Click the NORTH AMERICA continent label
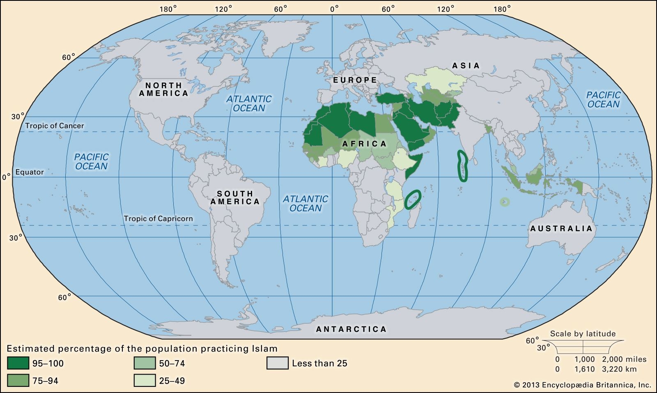[163, 89]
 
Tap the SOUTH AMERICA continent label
[235, 198]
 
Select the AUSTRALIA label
[561, 229]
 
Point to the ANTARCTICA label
[351, 329]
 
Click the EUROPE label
[355, 80]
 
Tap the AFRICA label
[364, 144]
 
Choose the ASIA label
[466, 66]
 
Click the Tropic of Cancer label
[55, 126]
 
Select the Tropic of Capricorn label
[158, 218]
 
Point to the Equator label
[30, 172]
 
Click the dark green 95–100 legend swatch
[18, 363]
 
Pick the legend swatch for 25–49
[145, 381]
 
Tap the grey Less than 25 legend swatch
[277, 363]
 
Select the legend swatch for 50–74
[145, 363]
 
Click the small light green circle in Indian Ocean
[504, 202]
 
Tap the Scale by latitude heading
[583, 334]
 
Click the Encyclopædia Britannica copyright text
[582, 385]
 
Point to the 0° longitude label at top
[335, 8]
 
